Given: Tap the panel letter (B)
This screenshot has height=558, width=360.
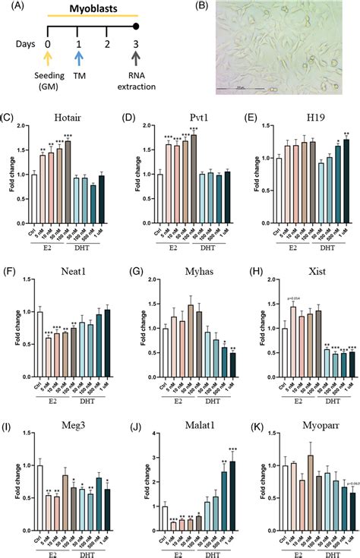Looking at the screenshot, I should [202, 7].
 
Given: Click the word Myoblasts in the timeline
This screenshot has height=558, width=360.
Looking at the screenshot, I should [92, 7].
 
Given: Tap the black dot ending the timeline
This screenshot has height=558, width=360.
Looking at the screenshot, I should [136, 27].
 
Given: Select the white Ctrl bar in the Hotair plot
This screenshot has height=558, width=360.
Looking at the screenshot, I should [33, 186].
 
